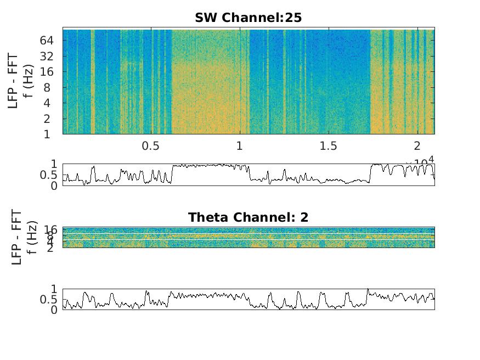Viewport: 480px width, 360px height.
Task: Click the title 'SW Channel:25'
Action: (248, 18)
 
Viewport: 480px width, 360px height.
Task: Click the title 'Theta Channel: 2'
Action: (248, 217)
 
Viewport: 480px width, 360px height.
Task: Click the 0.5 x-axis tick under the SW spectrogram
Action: (151, 147)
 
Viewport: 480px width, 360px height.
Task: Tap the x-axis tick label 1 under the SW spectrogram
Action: (240, 147)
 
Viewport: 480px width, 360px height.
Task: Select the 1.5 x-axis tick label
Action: (328, 147)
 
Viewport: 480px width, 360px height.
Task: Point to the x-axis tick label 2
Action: (417, 147)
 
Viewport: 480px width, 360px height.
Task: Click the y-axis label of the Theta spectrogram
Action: (24, 237)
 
